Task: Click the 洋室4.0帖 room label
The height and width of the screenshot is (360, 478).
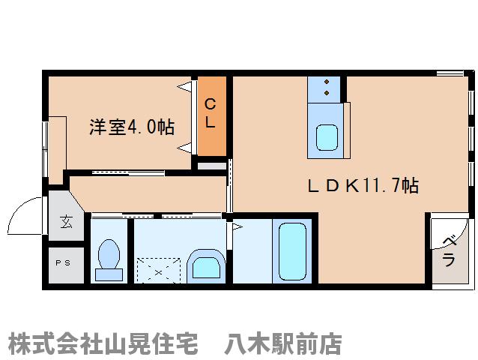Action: (x=131, y=127)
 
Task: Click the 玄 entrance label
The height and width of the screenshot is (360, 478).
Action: (x=65, y=221)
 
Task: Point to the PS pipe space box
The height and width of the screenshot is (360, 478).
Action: (x=65, y=263)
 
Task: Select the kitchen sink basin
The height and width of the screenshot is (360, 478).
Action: (x=327, y=137)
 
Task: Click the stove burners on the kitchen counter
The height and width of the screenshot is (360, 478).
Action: (x=327, y=87)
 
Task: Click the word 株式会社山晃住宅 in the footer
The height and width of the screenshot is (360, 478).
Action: (x=103, y=344)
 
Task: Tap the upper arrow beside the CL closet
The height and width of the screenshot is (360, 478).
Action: (x=184, y=88)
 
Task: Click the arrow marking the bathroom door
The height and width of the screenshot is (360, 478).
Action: (x=236, y=226)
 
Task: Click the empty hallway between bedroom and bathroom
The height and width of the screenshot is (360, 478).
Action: (x=146, y=193)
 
